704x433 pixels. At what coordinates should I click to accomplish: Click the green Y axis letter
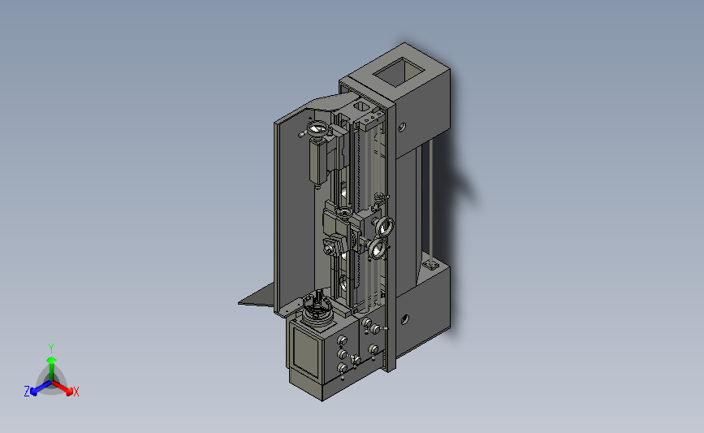tap(50, 349)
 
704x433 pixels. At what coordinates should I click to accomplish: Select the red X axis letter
tap(76, 392)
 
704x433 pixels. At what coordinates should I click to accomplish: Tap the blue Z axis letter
tap(27, 392)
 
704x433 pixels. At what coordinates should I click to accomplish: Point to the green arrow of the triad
tap(51, 369)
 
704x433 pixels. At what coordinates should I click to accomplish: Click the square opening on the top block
tap(400, 72)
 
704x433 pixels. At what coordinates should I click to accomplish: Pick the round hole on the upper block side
tap(402, 127)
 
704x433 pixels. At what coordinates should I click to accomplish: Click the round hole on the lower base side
tap(404, 319)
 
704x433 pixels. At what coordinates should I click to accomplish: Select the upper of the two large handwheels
tap(385, 226)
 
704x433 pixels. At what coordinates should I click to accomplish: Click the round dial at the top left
tap(317, 129)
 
